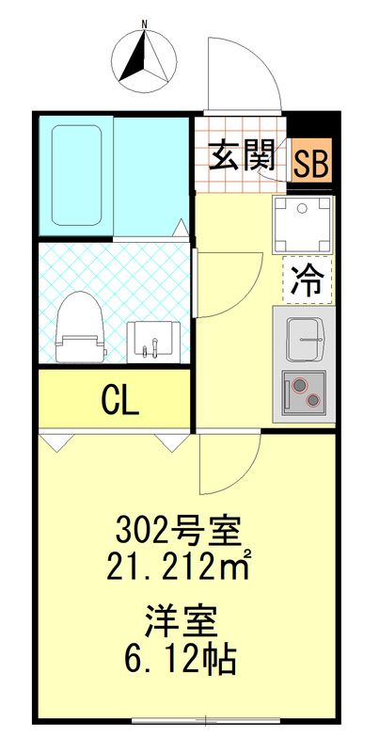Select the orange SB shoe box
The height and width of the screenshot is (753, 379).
(309, 162)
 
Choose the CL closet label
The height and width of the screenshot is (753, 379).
(119, 400)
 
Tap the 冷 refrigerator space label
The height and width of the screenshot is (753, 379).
(308, 280)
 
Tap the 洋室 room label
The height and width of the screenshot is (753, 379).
(182, 622)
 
